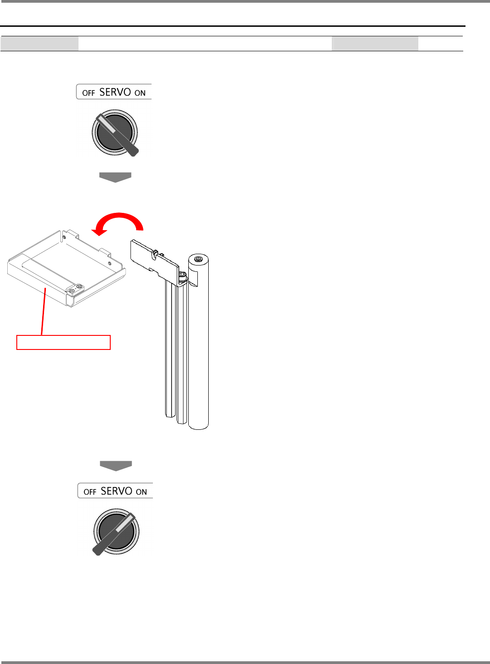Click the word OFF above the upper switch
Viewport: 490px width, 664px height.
[x=88, y=93]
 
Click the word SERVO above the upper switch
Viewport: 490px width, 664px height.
[x=115, y=92]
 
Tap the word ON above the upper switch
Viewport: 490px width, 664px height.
[x=140, y=93]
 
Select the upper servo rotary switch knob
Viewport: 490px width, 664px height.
[x=115, y=133]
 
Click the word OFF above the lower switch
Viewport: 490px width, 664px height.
[x=90, y=492]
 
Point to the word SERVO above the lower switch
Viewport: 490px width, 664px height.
[x=117, y=491]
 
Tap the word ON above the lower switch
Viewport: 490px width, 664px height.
[x=142, y=492]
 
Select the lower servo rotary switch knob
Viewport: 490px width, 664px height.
[x=116, y=531]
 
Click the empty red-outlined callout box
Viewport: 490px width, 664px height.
[x=64, y=342]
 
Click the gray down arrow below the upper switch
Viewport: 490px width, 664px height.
[x=115, y=177]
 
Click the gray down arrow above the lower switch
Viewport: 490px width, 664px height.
[x=116, y=466]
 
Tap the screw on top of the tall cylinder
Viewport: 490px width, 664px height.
[x=198, y=259]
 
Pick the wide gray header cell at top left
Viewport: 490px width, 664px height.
[x=39, y=44]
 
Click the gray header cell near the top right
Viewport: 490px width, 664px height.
[x=375, y=44]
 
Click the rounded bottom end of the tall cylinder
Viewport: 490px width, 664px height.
[x=198, y=425]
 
